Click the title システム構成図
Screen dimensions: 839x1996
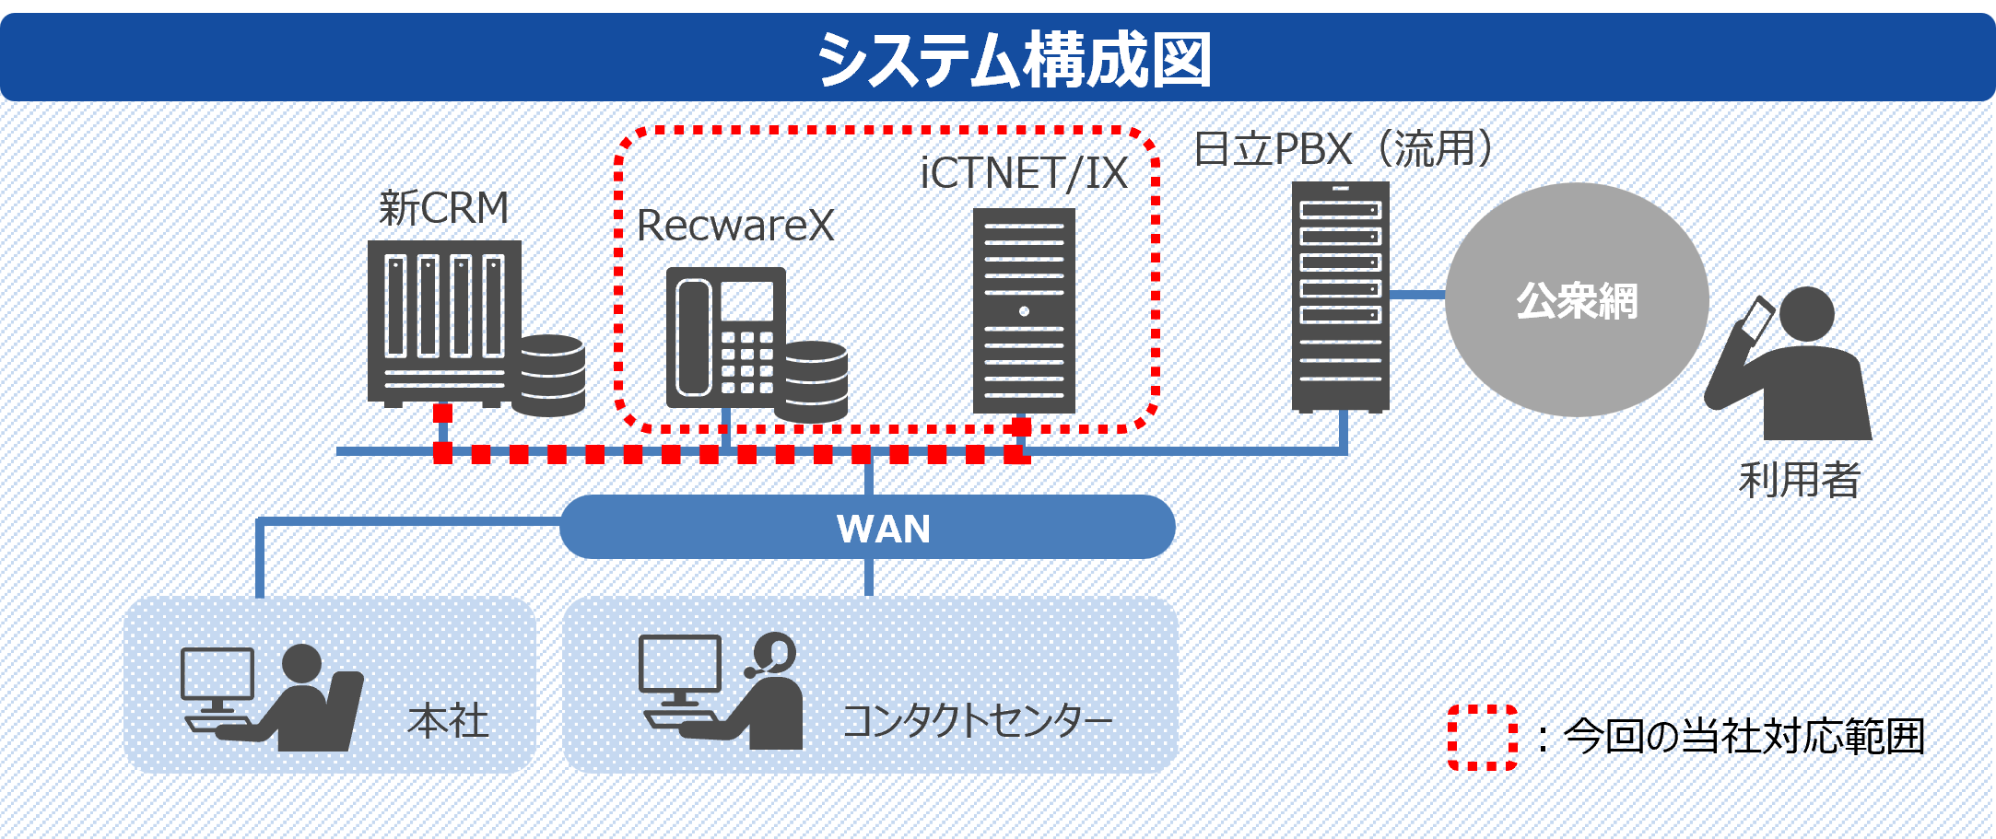point(1014,59)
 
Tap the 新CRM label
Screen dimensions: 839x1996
point(443,208)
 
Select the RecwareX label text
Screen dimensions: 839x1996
point(734,226)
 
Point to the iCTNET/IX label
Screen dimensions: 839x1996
point(1023,173)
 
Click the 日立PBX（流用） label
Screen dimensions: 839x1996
point(1343,149)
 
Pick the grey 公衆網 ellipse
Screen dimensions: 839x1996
point(1577,300)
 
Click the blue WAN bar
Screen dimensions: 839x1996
point(867,528)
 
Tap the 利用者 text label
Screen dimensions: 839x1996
point(1799,480)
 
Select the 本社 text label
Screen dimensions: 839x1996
point(448,720)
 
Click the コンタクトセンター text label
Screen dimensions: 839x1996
point(978,720)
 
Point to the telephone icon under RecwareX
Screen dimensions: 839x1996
point(726,337)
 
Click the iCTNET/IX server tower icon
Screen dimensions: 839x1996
point(1024,310)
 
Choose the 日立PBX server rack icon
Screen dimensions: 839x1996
point(1340,297)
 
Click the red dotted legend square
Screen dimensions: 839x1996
point(1482,737)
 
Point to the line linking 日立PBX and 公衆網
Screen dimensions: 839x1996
point(1417,295)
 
